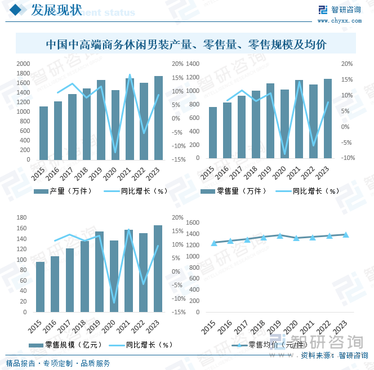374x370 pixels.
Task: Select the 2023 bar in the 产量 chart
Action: [158, 118]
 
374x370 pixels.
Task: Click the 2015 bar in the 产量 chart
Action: [43, 133]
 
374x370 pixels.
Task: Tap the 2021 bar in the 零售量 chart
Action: [299, 119]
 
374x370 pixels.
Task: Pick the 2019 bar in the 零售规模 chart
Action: [99, 271]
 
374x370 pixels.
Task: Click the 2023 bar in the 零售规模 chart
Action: [158, 269]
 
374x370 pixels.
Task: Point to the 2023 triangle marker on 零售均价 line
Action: [346, 234]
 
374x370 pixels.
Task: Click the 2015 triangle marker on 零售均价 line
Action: [213, 243]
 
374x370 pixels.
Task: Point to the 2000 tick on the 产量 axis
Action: [23, 64]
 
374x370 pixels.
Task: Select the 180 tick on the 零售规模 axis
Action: [23, 217]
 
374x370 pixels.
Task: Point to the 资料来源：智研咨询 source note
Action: [332, 355]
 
